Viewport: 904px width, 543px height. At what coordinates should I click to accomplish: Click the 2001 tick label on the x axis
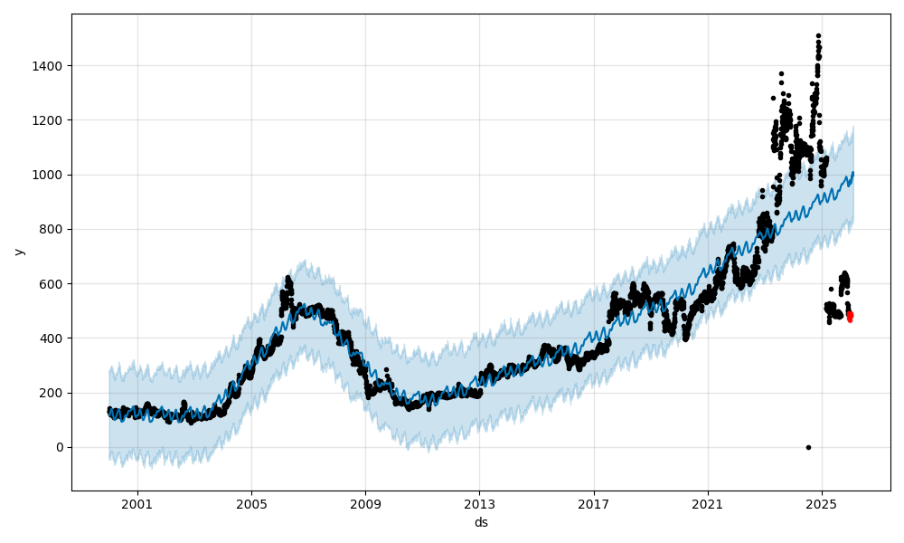coord(137,504)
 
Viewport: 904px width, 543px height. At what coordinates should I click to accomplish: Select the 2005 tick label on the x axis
coord(251,504)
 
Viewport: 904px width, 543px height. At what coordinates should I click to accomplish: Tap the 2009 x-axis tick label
coord(365,504)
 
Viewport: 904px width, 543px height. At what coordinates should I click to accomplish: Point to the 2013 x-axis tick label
coord(479,504)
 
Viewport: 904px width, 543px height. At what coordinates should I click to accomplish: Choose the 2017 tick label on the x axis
coord(594,504)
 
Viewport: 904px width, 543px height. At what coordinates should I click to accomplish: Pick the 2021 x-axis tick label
coord(708,504)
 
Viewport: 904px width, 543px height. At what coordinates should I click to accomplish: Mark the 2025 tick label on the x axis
coord(822,504)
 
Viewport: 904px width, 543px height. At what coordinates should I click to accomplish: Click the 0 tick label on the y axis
coord(60,447)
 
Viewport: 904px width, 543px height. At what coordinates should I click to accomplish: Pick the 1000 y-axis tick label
coord(50,175)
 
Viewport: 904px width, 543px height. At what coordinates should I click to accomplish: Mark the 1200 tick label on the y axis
coord(50,120)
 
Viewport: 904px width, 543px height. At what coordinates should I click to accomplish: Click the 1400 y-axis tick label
coord(50,66)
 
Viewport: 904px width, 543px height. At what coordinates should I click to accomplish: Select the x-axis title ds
coord(481,522)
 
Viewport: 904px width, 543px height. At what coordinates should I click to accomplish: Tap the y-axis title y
coord(17,252)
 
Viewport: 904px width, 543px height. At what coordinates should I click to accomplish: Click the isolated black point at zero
coord(808,447)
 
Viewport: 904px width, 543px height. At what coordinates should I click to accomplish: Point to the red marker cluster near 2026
coord(850,315)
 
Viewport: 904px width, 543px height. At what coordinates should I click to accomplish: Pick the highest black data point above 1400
coord(818,36)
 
